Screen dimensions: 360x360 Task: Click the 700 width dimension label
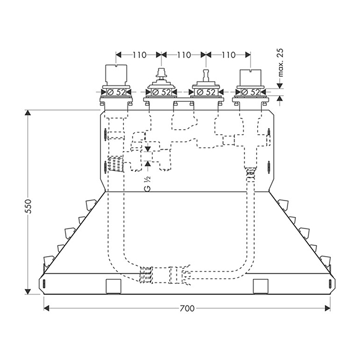[x=187, y=309]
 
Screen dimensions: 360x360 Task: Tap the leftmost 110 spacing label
[x=139, y=55]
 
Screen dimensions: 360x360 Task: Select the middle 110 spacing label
[x=184, y=55]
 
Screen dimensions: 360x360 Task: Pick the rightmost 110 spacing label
[x=229, y=55]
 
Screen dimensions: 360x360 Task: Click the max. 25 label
[x=281, y=62]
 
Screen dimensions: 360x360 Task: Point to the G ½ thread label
[x=148, y=184]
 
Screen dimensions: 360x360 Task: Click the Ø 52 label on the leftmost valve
[x=116, y=92]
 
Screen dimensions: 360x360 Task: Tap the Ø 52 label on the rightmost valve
[x=250, y=92]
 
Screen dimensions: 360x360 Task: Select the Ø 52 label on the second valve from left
[x=161, y=92]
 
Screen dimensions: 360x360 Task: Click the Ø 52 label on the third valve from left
[x=206, y=92]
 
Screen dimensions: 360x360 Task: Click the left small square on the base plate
[x=113, y=286]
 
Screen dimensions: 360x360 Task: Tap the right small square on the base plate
[x=261, y=286]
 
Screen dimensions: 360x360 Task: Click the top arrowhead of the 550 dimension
[x=28, y=113]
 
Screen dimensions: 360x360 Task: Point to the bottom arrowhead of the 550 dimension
[x=28, y=292]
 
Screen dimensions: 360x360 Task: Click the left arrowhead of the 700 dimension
[x=47, y=309]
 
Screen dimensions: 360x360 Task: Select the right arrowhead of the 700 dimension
[x=328, y=309]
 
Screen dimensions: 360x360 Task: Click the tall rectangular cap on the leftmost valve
[x=116, y=75]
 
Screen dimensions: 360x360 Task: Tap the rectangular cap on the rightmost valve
[x=250, y=77]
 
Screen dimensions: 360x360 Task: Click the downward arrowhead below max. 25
[x=279, y=86]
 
